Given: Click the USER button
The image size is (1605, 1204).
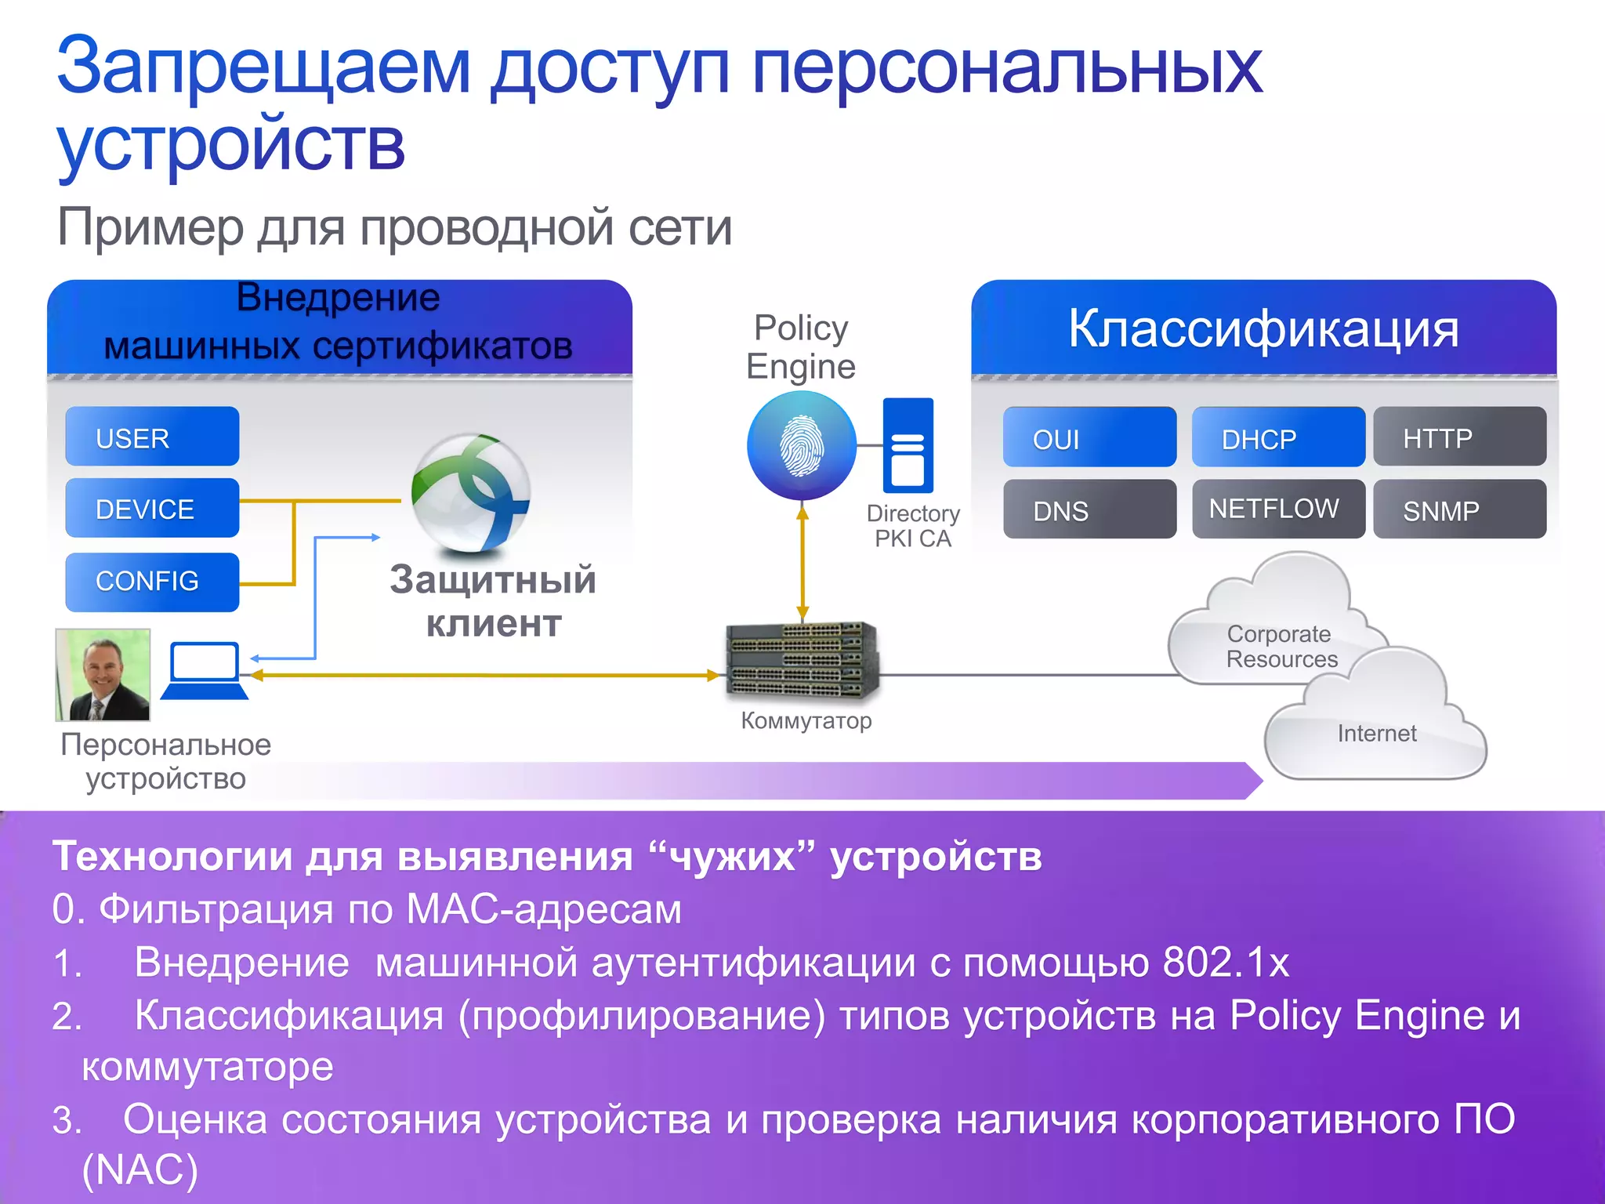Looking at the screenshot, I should [152, 437].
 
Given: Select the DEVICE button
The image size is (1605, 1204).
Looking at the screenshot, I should [152, 508].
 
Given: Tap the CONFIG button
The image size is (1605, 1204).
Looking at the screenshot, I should [152, 581].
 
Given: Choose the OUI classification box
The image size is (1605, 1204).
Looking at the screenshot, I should [1089, 437].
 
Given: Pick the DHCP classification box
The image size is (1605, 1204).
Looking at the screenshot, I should [1278, 437].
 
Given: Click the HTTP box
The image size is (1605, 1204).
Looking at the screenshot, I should [1459, 437].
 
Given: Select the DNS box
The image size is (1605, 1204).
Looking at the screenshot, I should [1089, 510].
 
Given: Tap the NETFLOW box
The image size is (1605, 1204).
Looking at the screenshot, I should [1278, 509].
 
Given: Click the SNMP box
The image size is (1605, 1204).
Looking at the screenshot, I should [1459, 510].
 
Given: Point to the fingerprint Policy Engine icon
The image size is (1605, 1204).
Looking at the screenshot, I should [801, 445].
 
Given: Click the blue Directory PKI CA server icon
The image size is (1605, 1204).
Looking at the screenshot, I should [908, 445].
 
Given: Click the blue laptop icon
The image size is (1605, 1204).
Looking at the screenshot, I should [205, 671].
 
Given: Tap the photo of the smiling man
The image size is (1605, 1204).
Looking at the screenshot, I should [103, 675].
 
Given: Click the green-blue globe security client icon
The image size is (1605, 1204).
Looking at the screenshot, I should [471, 492].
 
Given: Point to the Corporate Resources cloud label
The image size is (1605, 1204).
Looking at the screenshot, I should [1281, 646].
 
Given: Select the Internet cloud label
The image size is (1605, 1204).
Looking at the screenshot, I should [1377, 734].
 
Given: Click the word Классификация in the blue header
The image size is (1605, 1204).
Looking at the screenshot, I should [1263, 328].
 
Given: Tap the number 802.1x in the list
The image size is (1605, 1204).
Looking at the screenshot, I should [1226, 962].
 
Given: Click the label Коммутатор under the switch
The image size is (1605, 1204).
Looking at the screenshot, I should [806, 720].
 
